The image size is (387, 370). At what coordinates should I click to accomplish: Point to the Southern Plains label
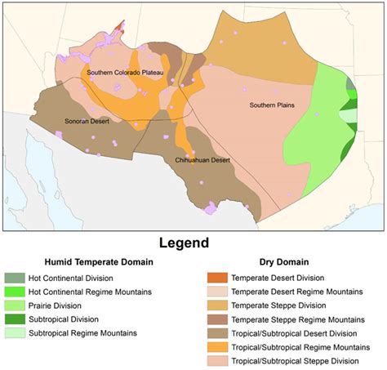pos(273,105)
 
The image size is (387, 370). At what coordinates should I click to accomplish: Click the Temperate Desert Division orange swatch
pos(218,278)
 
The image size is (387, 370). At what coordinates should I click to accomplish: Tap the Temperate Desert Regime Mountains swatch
pos(218,292)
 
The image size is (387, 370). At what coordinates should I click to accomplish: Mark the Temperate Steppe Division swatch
pos(218,305)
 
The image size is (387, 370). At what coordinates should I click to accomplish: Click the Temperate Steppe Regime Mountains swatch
pos(218,319)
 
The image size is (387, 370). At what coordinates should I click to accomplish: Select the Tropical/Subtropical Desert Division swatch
pos(218,333)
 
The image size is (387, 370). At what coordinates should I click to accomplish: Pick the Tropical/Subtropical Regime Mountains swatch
pos(218,347)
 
